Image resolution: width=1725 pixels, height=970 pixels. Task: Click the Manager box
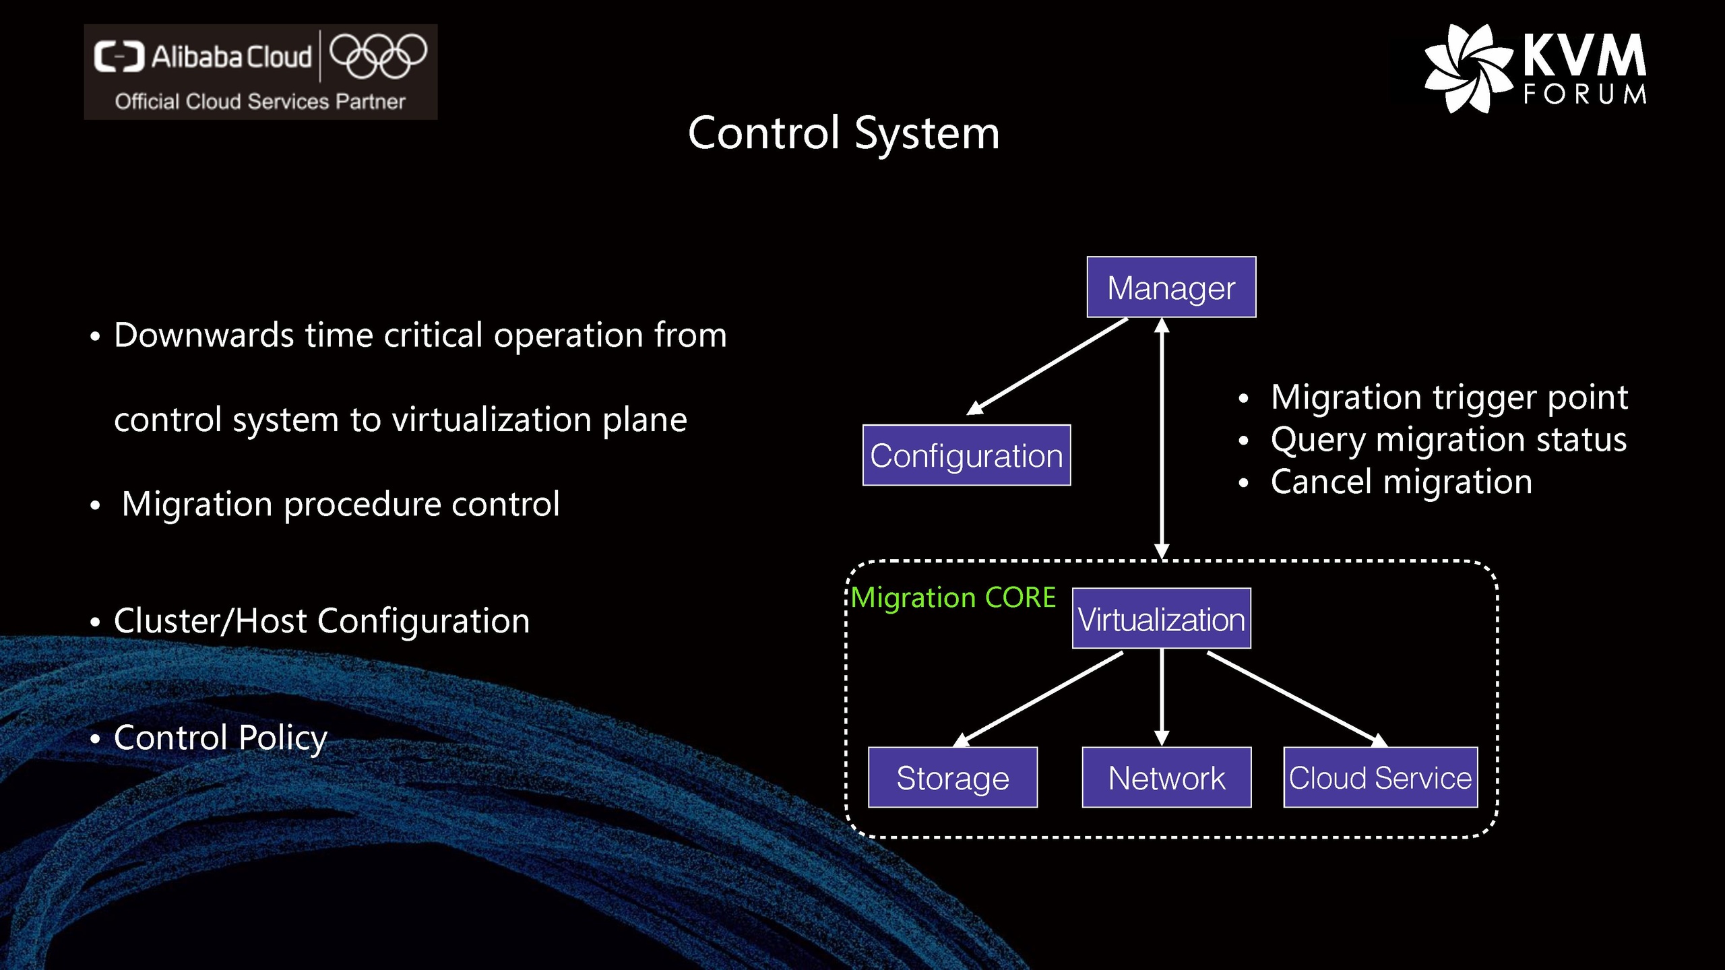[1171, 288]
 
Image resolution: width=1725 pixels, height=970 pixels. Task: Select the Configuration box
[966, 455]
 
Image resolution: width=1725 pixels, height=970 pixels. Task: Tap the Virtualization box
[1161, 619]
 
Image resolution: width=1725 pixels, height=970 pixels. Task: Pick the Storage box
[952, 777]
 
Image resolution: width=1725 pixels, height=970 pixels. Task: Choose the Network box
[1166, 777]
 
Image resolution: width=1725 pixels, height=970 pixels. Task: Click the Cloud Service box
[1380, 777]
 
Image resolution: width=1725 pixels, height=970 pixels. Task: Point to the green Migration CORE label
[953, 597]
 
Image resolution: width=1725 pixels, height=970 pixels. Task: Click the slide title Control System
[844, 133]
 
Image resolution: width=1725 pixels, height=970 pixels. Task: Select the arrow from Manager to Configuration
[1048, 366]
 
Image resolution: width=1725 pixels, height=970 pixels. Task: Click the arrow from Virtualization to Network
[1162, 697]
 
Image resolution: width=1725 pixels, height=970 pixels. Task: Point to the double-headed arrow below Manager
[1162, 438]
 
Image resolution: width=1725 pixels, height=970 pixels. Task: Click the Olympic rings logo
[378, 55]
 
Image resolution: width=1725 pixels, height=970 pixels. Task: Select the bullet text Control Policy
[220, 738]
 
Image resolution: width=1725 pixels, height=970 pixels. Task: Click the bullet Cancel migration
[1401, 482]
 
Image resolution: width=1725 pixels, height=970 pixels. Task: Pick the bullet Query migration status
[1448, 440]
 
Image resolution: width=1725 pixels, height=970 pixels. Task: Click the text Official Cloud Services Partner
[260, 102]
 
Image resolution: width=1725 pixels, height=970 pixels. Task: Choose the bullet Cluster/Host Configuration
[321, 621]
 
